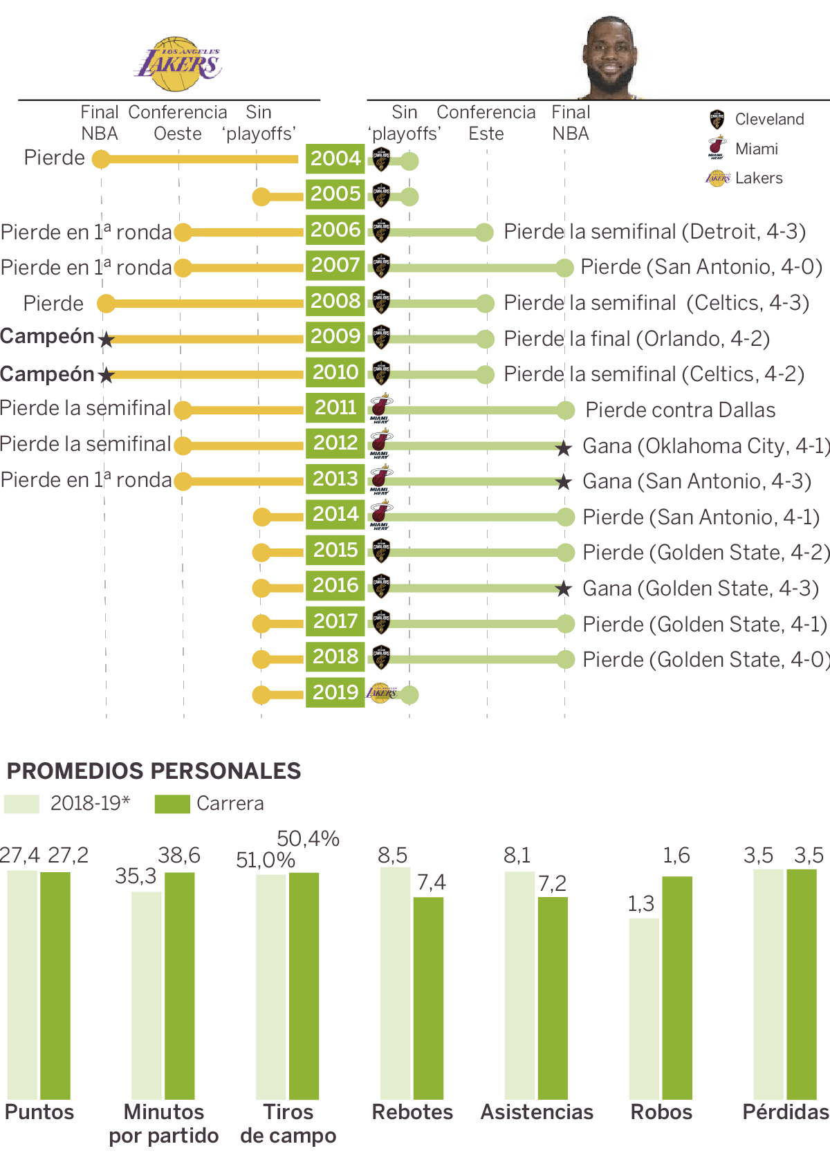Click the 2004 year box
[335, 159]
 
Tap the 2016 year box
[335, 586]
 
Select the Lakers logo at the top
[178, 64]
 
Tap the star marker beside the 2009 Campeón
[106, 340]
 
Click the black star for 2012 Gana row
[564, 448]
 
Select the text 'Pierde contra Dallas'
[680, 410]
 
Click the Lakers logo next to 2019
[381, 692]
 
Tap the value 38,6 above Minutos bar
[179, 856]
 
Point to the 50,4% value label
[308, 839]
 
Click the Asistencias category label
[537, 1112]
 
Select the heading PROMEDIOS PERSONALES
[154, 771]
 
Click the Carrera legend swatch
[172, 804]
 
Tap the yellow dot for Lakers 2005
[261, 197]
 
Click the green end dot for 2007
[564, 268]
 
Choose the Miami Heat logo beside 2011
[380, 408]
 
